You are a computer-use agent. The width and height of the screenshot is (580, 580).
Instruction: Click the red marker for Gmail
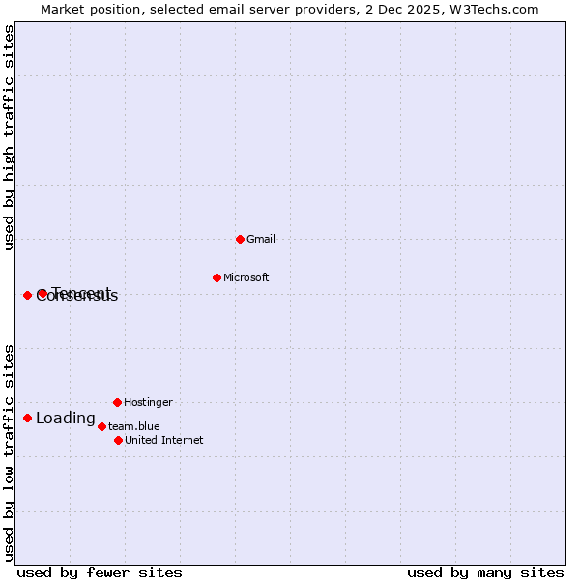coord(240,239)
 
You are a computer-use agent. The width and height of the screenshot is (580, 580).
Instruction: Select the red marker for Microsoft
coord(217,277)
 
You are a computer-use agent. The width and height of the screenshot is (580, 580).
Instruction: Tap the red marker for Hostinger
coord(117,402)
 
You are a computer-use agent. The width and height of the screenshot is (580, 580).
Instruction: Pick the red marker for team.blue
coord(101,426)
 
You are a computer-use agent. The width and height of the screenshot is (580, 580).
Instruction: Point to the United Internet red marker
coord(118,440)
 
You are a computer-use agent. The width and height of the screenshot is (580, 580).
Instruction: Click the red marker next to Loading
coord(27,418)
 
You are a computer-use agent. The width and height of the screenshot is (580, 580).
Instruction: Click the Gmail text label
coord(261,239)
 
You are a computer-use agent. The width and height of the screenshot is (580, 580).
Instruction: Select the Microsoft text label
coord(246,277)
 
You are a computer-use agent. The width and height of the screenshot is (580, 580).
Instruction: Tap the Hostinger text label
coord(148,402)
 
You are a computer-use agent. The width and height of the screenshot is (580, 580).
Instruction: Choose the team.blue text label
coord(133,426)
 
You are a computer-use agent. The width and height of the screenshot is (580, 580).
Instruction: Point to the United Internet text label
coord(163,440)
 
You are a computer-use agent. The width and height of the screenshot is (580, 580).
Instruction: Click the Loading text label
coord(65,419)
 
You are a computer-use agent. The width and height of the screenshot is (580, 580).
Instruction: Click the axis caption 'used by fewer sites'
coord(99,572)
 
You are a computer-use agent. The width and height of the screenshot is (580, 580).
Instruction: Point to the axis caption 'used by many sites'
coord(485,572)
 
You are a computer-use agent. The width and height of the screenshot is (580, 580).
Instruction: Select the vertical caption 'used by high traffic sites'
coord(9,137)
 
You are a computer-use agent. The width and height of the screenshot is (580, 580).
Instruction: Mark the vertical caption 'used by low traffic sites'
coord(9,451)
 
